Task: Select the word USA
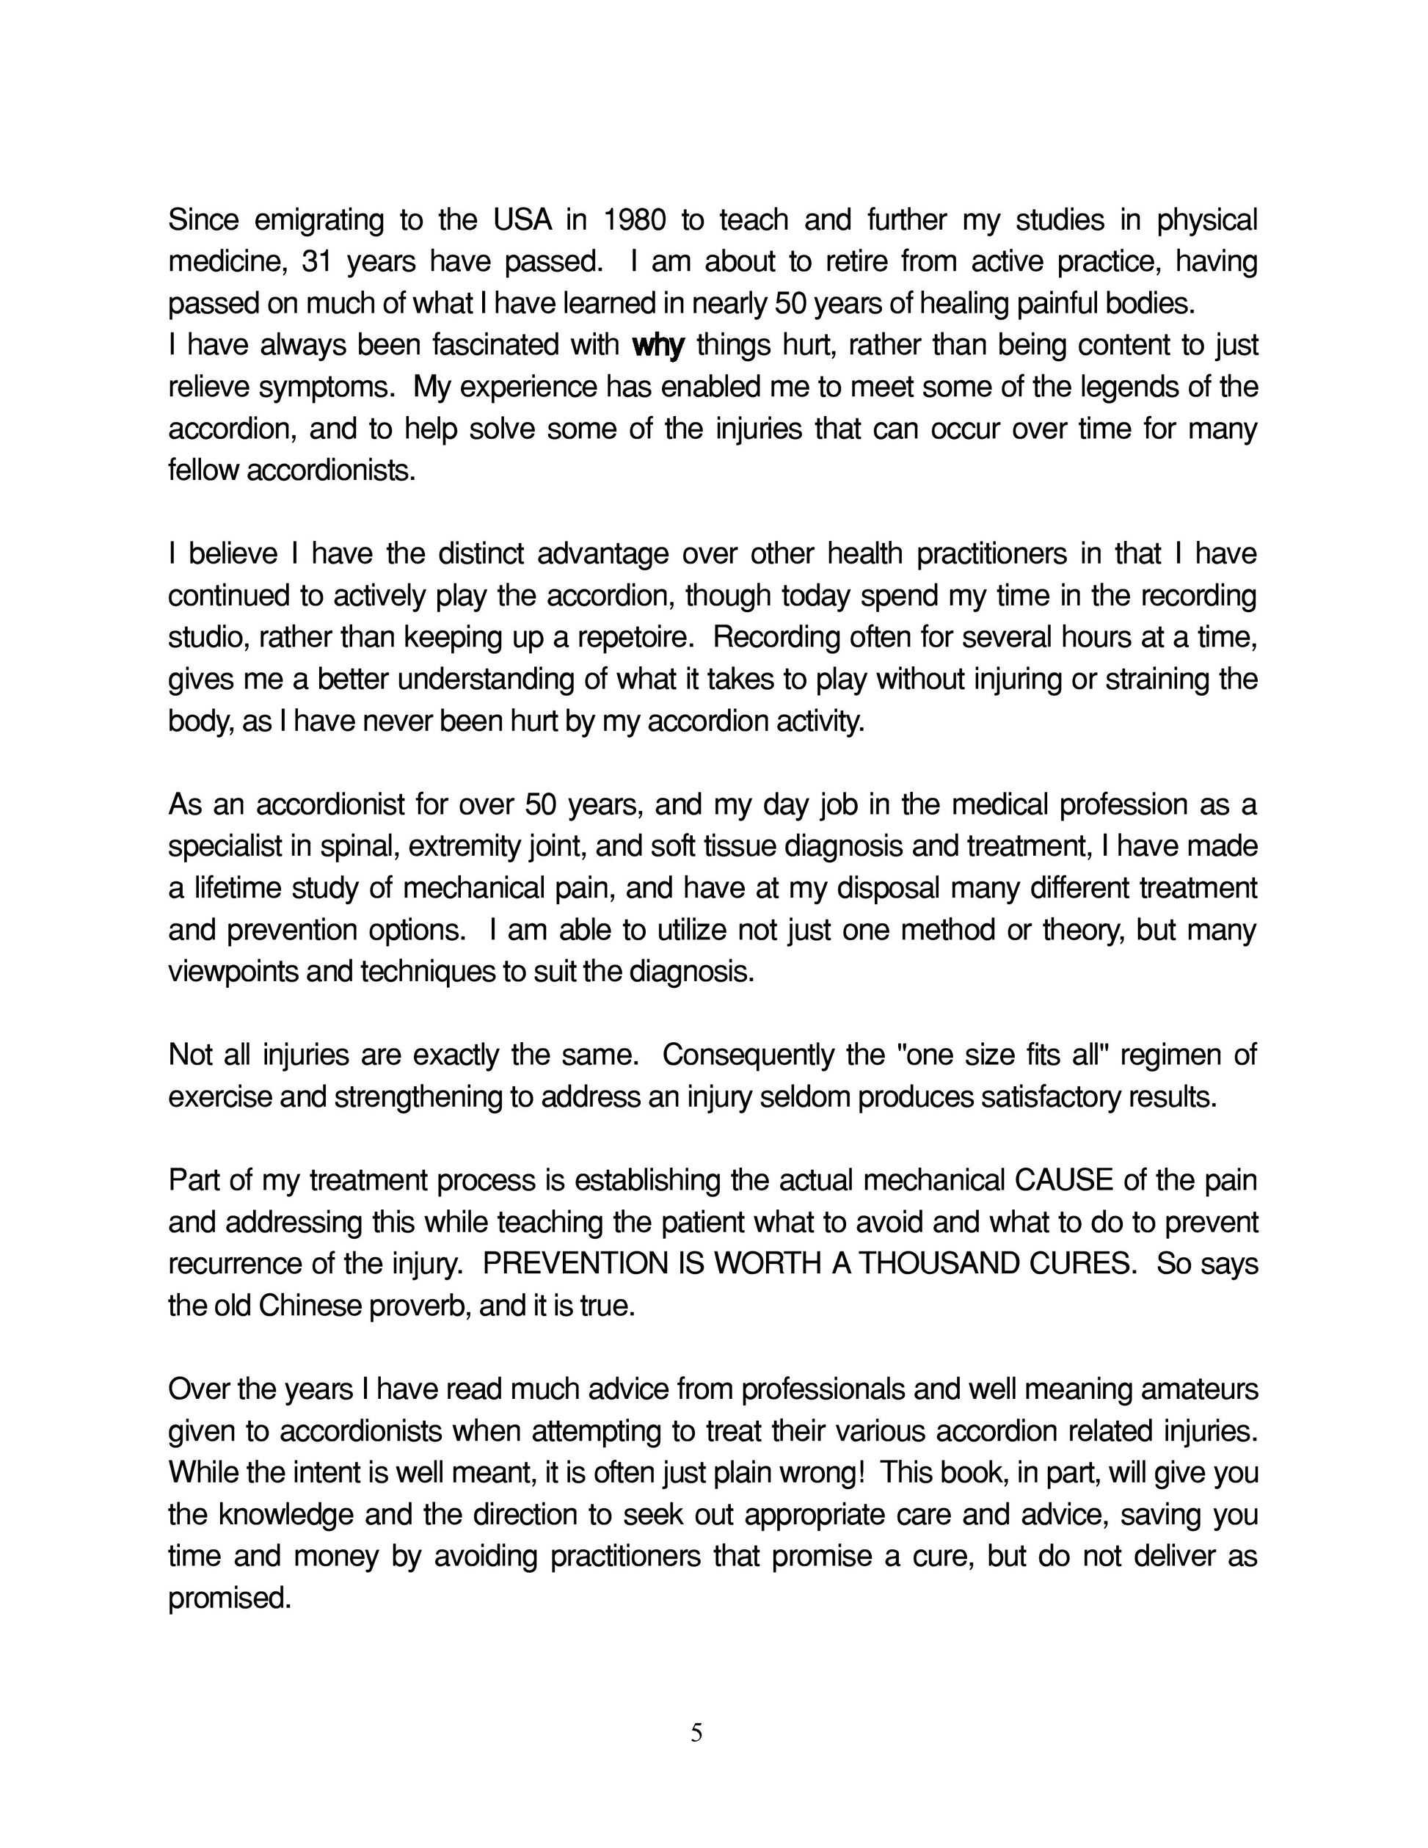tap(522, 220)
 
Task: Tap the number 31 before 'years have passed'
tap(316, 262)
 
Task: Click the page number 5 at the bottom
tap(696, 1734)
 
